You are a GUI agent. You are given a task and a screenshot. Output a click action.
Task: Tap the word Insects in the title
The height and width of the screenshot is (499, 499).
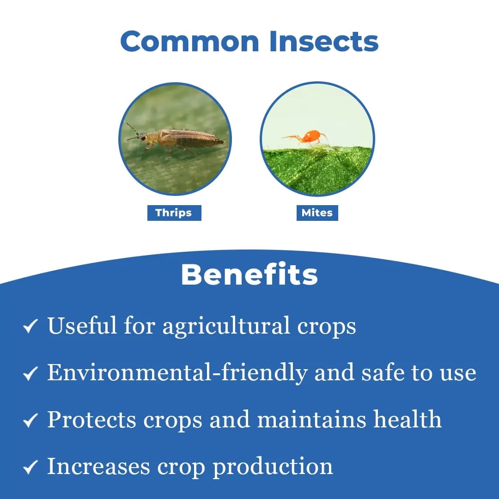(324, 41)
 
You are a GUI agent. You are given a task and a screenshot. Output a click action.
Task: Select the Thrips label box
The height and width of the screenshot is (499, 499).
(174, 213)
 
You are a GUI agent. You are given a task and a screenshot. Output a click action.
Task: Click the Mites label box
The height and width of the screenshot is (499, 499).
(317, 213)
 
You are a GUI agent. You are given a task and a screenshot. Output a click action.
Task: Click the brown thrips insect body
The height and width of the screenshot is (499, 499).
(185, 138)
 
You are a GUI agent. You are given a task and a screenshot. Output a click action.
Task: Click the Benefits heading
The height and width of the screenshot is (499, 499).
(249, 275)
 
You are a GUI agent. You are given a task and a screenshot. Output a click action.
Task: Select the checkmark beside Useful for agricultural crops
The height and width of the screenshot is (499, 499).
(30, 327)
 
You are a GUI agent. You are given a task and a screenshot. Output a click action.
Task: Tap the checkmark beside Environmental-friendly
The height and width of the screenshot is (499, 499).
(30, 373)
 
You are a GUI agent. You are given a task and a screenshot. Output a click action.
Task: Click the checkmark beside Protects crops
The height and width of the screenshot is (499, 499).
(30, 420)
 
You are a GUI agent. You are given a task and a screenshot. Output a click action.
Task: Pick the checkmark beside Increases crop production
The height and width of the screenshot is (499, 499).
(30, 467)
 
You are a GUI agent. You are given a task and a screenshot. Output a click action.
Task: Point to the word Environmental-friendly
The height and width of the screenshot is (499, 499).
(177, 372)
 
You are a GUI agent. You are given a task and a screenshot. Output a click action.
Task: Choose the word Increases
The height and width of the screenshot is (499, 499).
(99, 466)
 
